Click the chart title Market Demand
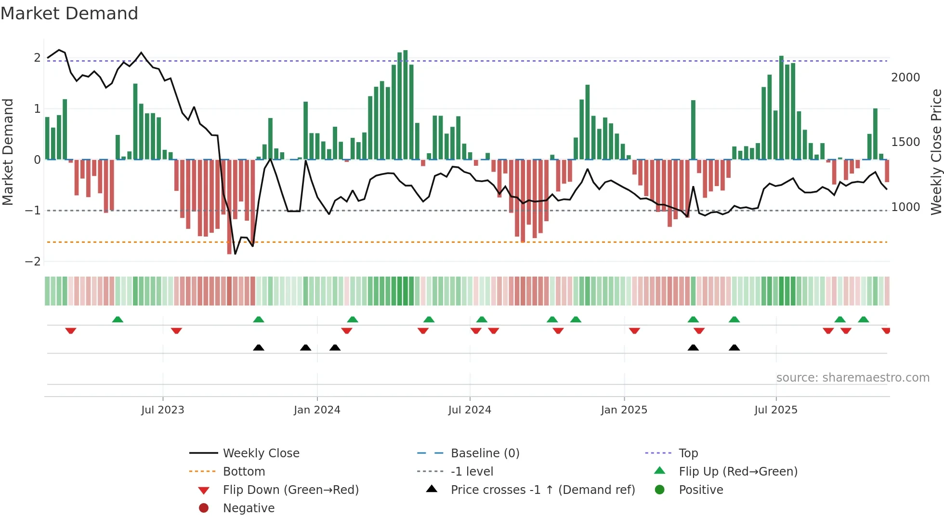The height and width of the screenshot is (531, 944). point(69,13)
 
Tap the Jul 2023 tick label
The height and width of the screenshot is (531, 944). point(162,410)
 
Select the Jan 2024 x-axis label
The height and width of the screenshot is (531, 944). point(317,410)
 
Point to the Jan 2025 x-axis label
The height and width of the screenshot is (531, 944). point(624,410)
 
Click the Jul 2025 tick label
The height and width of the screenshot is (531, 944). point(775,410)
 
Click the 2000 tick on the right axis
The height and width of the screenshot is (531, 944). point(905,78)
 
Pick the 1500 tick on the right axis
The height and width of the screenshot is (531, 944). point(905,142)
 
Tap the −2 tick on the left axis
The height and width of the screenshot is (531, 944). point(33,262)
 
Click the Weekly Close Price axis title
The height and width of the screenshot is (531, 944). point(936,152)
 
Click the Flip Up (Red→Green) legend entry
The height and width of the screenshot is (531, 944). point(738,472)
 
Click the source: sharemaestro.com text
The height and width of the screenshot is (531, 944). point(852,378)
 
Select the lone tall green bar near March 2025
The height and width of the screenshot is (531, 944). point(693,130)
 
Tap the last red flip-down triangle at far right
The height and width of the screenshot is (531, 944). point(886,331)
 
